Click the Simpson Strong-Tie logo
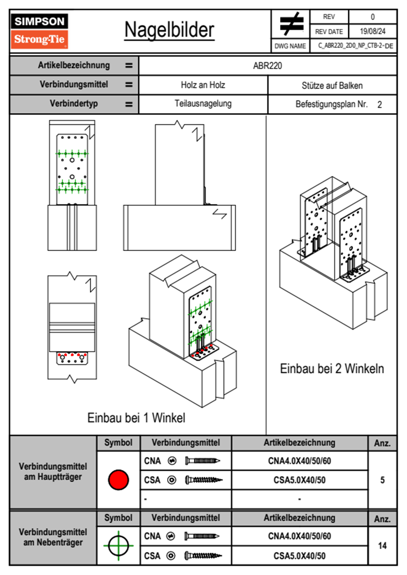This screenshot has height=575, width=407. click(x=39, y=31)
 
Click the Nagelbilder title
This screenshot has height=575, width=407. click(x=169, y=30)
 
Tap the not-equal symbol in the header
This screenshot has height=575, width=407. click(x=291, y=24)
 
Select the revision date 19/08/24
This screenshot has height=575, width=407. click(x=372, y=31)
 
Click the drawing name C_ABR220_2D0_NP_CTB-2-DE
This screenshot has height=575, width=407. click(x=355, y=46)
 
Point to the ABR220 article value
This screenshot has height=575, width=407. click(x=267, y=66)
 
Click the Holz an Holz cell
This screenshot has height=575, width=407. click(x=203, y=85)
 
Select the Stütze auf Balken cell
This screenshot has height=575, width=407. click(x=332, y=85)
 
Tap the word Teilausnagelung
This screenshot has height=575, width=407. click(x=203, y=104)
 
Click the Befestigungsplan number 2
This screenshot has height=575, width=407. click(x=379, y=105)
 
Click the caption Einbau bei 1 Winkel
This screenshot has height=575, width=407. click(x=136, y=418)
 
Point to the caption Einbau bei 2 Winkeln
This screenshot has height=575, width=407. click(x=332, y=369)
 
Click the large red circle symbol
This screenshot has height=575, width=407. click(x=118, y=480)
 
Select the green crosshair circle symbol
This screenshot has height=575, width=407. click(x=118, y=545)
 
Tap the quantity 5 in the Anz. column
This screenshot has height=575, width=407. click(x=382, y=480)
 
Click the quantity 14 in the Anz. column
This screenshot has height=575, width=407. click(x=382, y=546)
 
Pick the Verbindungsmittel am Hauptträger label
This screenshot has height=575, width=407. click(x=53, y=471)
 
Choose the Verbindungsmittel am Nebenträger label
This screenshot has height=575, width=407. click(x=53, y=537)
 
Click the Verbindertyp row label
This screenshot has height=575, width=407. click(x=74, y=104)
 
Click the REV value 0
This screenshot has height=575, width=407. click(x=372, y=17)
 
